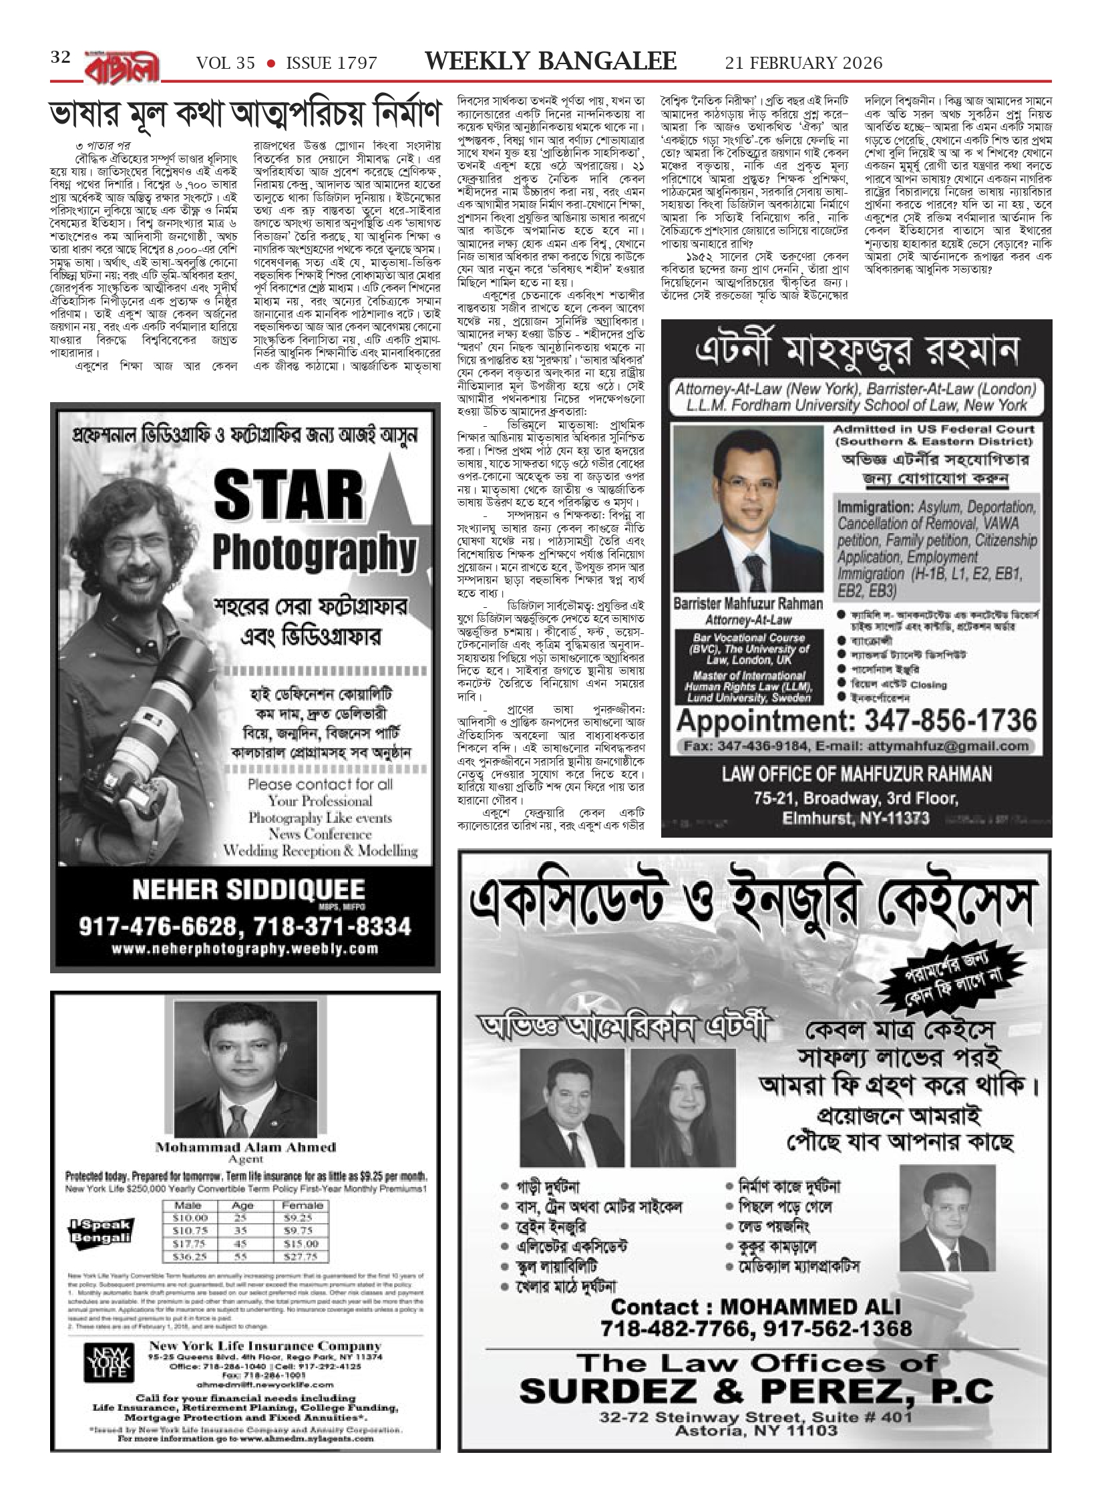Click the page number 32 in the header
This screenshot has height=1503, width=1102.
(x=60, y=58)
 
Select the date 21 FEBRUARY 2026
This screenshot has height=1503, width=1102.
(x=803, y=63)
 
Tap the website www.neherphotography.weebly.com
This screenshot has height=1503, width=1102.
(x=245, y=949)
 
